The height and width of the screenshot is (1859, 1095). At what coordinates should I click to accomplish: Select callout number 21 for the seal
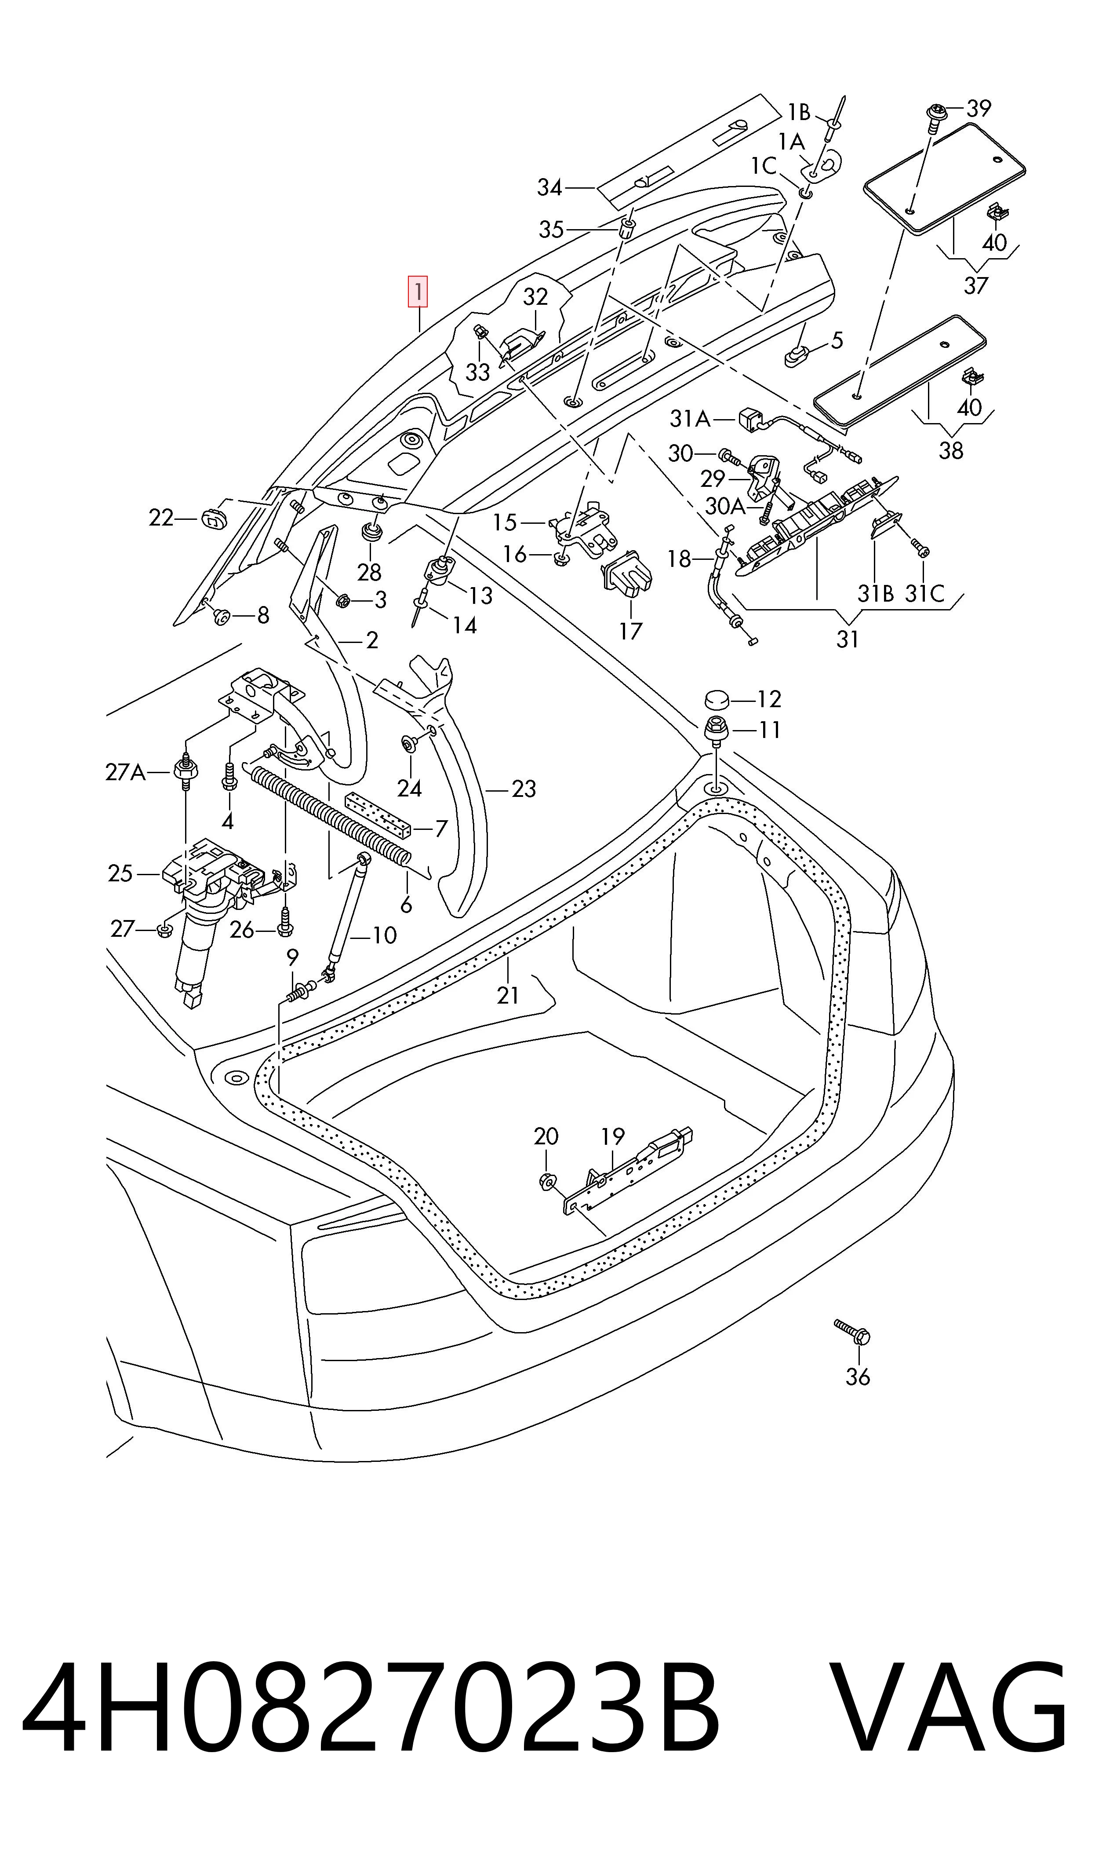509,996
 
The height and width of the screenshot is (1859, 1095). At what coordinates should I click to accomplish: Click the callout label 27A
126,773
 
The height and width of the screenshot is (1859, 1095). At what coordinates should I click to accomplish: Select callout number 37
975,285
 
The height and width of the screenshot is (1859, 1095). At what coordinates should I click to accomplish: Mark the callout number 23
523,789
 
